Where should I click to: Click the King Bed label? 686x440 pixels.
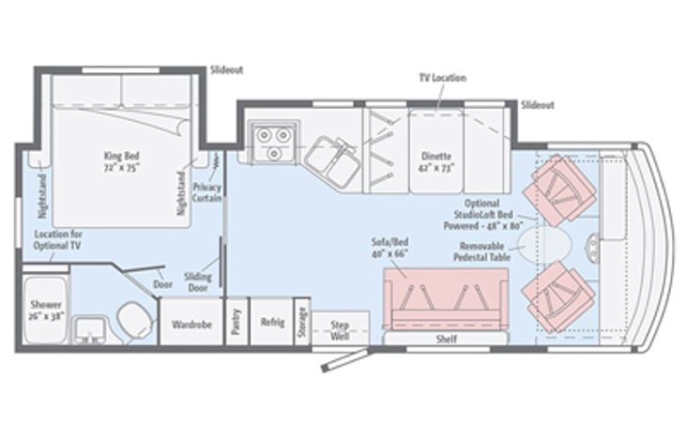[x=122, y=156]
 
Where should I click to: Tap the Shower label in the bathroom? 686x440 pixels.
[x=46, y=304]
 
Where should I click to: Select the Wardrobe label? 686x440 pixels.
[x=191, y=325]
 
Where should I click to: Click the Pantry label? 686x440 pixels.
[x=236, y=322]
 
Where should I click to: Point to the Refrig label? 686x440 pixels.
[x=272, y=323]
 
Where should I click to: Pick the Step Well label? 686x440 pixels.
[x=340, y=330]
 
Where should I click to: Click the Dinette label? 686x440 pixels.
[x=436, y=156]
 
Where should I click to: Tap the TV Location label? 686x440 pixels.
[x=443, y=78]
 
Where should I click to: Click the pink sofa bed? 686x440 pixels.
[x=446, y=299]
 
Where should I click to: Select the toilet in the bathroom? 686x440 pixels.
[x=135, y=320]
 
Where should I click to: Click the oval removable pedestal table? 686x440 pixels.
[x=544, y=244]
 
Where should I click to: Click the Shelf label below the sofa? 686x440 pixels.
[x=447, y=339]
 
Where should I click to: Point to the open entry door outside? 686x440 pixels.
[x=345, y=360]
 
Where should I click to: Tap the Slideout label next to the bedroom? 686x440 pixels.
[x=226, y=70]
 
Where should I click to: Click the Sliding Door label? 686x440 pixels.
[x=198, y=282]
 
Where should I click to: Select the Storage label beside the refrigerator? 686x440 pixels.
[x=302, y=323]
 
